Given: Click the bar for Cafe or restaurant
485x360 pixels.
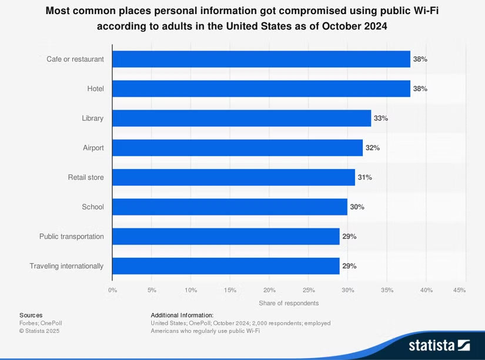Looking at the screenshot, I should pyautogui.click(x=261, y=59).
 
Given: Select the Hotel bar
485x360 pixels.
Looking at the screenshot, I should pyautogui.click(x=261, y=89).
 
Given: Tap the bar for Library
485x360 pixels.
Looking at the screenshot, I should pyautogui.click(x=241, y=118).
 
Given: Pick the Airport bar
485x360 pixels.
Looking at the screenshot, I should pyautogui.click(x=237, y=148).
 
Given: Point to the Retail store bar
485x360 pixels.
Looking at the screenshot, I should pyautogui.click(x=233, y=177).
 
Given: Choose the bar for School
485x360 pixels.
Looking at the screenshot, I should pyautogui.click(x=229, y=207).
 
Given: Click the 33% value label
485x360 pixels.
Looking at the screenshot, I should pyautogui.click(x=381, y=118).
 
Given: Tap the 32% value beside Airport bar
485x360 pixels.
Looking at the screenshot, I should pyautogui.click(x=373, y=148).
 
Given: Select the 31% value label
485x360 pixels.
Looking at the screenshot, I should pyautogui.click(x=364, y=177).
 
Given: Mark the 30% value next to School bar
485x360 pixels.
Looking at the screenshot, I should pyautogui.click(x=357, y=207).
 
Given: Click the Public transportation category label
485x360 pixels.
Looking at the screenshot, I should pyautogui.click(x=72, y=236).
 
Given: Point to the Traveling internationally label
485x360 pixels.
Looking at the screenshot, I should pyautogui.click(x=66, y=266).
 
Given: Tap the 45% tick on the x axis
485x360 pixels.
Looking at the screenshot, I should pyautogui.click(x=460, y=290).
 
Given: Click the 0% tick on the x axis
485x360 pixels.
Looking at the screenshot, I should pyautogui.click(x=112, y=290).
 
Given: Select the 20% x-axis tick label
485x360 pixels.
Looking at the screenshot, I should pyautogui.click(x=269, y=290).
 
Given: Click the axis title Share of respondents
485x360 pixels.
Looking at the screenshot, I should pyautogui.click(x=289, y=303).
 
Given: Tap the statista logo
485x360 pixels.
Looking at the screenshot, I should pyautogui.click(x=439, y=345).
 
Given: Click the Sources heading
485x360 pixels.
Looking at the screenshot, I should pyautogui.click(x=31, y=315).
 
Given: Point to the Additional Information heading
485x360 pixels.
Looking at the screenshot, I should pyautogui.click(x=182, y=315).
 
